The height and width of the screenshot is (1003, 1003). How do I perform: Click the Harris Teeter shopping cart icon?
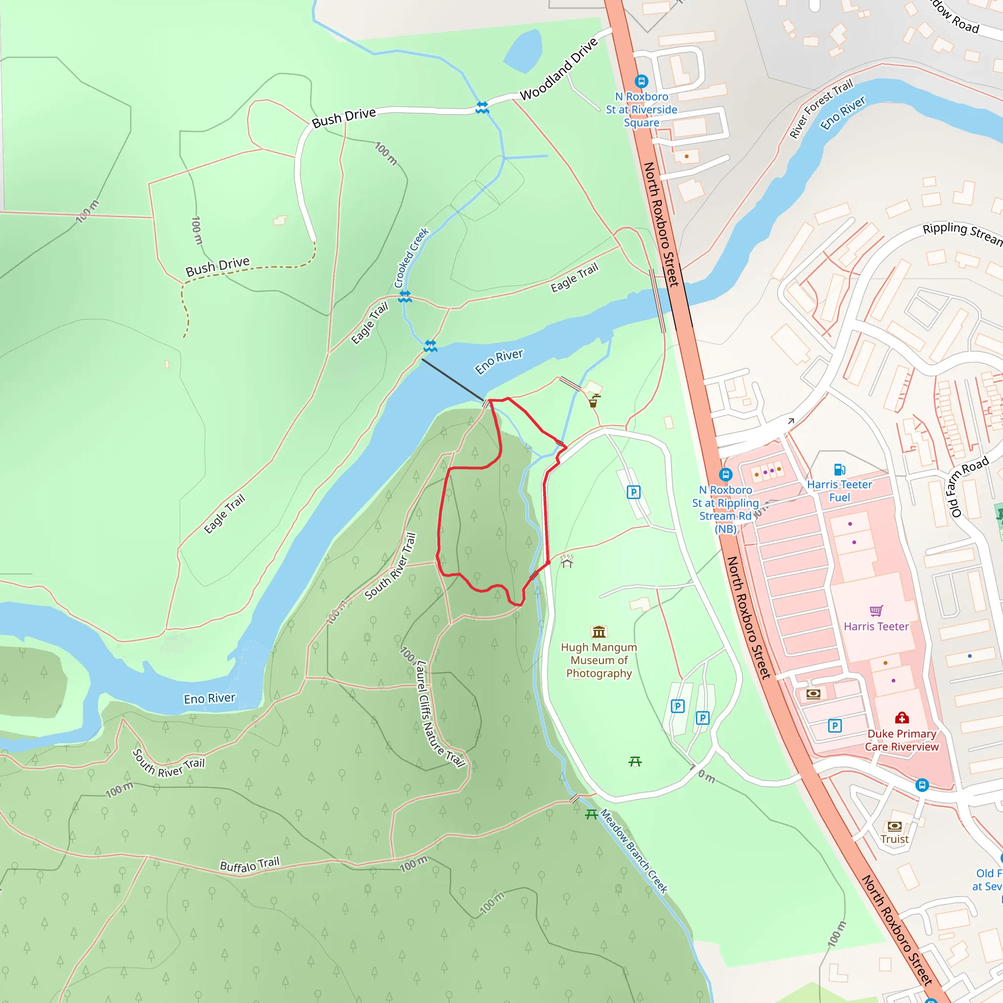(876, 611)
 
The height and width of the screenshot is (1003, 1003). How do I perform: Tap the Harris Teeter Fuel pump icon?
(839, 469)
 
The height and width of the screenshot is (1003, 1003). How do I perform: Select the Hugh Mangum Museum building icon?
(598, 632)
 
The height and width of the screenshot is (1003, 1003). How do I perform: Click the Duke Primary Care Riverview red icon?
(902, 718)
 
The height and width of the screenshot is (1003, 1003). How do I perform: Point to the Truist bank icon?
(894, 826)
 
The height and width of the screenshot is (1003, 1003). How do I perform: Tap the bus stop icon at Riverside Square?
(641, 81)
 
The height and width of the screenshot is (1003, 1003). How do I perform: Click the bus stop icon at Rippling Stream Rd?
(725, 475)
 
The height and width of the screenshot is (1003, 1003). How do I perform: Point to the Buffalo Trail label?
(250, 864)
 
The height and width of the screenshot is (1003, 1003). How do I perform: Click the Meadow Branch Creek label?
(633, 851)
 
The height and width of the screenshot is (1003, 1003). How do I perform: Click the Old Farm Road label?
(968, 487)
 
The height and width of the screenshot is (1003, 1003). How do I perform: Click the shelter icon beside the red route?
(567, 561)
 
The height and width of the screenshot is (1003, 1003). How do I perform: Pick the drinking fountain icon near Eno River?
(594, 401)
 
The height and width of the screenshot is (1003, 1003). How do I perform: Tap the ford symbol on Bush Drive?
(482, 107)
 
